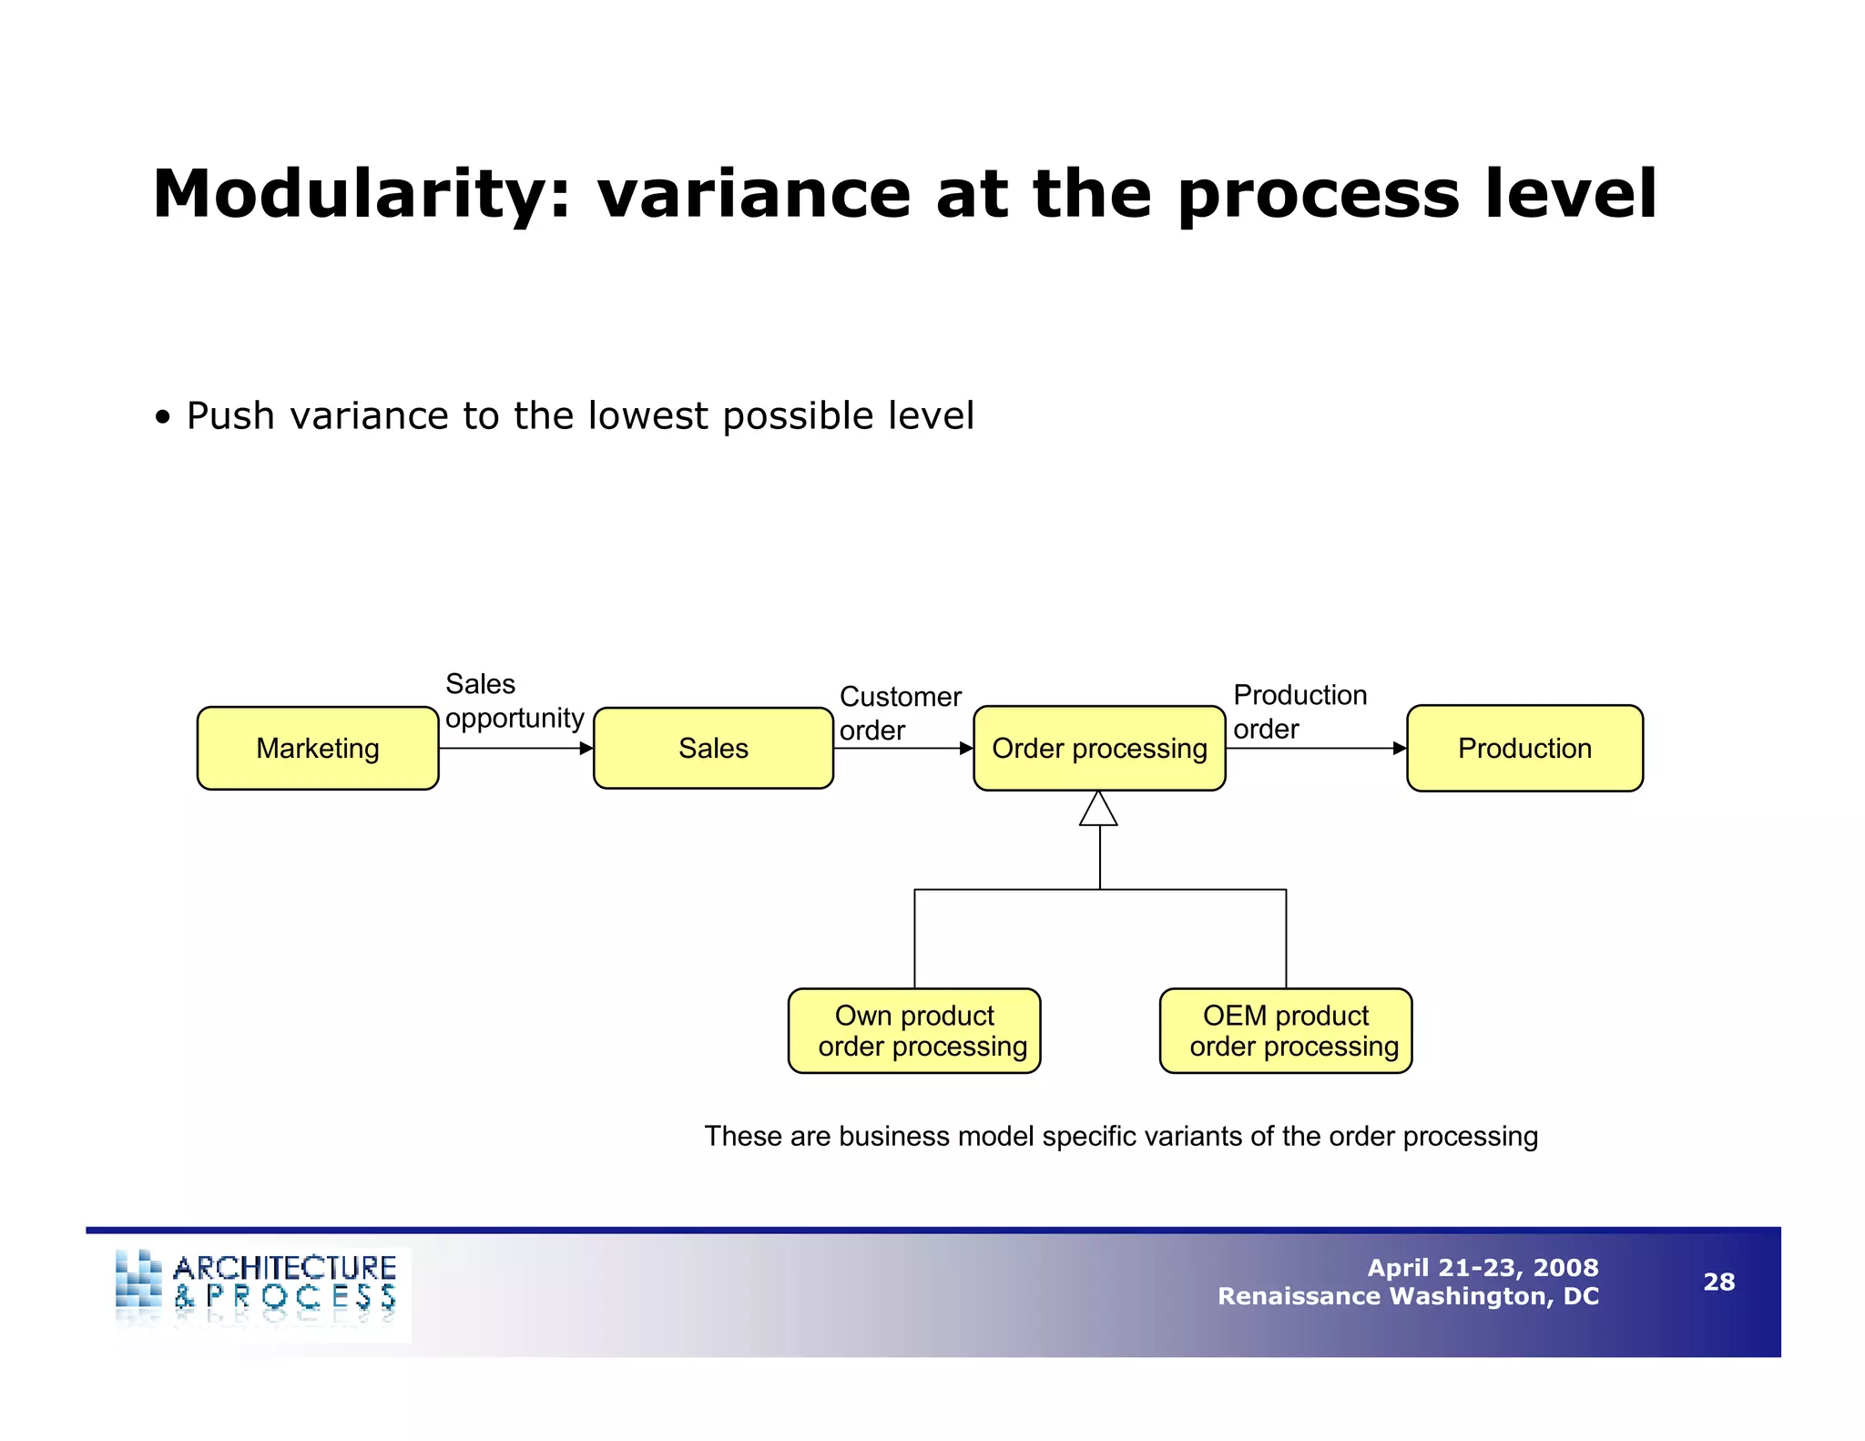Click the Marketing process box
[x=318, y=748]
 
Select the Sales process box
[x=713, y=748]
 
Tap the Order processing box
[x=1099, y=748]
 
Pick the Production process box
[x=1524, y=748]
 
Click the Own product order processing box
[x=914, y=1030]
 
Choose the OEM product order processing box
[x=1286, y=1030]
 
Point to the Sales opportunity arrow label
[x=514, y=700]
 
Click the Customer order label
[x=900, y=712]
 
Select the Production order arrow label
[x=1299, y=711]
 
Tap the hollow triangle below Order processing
[x=1099, y=811]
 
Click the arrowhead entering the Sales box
[x=586, y=749]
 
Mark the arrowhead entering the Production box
[x=1400, y=749]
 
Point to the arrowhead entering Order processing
[x=966, y=749]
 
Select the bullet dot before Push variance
[x=162, y=418]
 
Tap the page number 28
[x=1718, y=1282]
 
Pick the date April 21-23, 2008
[x=1483, y=1267]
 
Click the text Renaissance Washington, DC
[x=1408, y=1296]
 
